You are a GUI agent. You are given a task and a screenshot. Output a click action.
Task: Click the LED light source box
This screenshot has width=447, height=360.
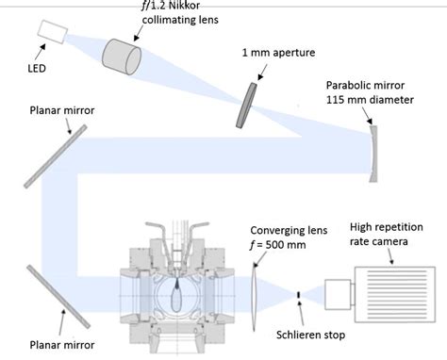pos(53,32)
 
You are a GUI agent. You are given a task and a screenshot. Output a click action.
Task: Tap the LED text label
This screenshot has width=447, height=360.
pos(37,68)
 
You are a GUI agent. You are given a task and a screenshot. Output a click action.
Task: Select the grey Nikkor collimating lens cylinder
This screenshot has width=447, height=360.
pos(122,57)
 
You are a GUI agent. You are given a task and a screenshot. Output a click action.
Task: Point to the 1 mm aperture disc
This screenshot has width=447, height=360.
pos(246,106)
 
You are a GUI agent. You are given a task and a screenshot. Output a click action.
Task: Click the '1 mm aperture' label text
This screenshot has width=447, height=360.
pos(278,53)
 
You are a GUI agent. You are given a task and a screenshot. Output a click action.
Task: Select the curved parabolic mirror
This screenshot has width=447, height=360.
pos(373,154)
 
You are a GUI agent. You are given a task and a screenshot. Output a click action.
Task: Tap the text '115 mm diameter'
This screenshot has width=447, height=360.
pos(370,100)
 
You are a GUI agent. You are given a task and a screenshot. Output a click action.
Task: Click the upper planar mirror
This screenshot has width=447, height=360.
pos(56,156)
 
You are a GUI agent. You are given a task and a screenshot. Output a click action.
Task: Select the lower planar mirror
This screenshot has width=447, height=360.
pos(58,297)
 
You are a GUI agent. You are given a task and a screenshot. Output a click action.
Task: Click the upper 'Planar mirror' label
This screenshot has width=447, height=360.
pos(62,110)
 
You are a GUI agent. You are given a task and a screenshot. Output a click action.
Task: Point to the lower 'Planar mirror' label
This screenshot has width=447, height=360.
pos(62,345)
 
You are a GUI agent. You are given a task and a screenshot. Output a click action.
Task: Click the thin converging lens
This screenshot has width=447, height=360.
pos(254,297)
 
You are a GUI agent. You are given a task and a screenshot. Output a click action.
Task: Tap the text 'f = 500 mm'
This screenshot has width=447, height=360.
pos(278,245)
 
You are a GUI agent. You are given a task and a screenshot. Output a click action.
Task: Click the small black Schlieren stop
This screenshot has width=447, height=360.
pos(299,295)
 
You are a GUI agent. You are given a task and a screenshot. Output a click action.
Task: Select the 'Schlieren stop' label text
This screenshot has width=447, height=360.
pos(310,335)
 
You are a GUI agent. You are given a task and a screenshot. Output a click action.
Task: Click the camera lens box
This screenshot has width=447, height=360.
pos(338,294)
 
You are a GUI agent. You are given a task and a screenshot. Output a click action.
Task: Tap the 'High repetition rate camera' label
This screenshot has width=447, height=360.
pos(387,234)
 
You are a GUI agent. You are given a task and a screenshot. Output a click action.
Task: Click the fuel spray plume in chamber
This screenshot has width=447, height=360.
pos(177,295)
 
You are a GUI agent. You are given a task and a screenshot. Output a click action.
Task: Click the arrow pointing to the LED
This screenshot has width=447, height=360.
pos(40,52)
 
